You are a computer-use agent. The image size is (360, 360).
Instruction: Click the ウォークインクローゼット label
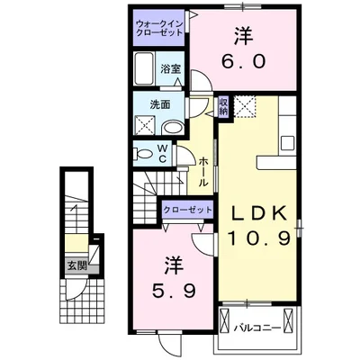coord(159,28)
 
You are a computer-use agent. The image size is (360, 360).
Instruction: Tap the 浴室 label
coord(170,69)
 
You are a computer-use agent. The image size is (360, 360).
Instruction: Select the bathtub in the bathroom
coord(144,68)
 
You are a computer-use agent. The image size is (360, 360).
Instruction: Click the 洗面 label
coord(160,104)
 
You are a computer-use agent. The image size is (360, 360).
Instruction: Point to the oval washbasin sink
coord(172,128)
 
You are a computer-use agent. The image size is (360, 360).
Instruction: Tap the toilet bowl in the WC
coord(143,154)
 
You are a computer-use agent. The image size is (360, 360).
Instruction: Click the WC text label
coord(163,153)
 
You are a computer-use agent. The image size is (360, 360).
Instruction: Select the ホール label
coord(203,171)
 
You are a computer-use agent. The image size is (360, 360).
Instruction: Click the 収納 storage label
coord(223,106)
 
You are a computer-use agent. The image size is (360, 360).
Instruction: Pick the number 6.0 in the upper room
coord(244,61)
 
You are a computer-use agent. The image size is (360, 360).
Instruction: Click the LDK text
coord(258,214)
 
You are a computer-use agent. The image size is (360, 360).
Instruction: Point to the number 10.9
coord(259,238)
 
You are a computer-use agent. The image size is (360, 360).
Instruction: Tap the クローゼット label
coord(187,210)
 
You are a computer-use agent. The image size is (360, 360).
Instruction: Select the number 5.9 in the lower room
coord(175,291)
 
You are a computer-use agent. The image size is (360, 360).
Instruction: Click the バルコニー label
coord(258,328)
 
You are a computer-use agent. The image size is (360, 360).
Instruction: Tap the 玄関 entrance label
coord(77,265)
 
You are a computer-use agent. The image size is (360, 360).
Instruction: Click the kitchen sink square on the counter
coord(287,143)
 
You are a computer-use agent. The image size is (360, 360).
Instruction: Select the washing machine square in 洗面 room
coord(145,125)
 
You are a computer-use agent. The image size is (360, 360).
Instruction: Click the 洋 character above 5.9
coord(174,265)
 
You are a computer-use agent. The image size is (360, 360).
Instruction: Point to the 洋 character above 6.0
coord(243,37)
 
